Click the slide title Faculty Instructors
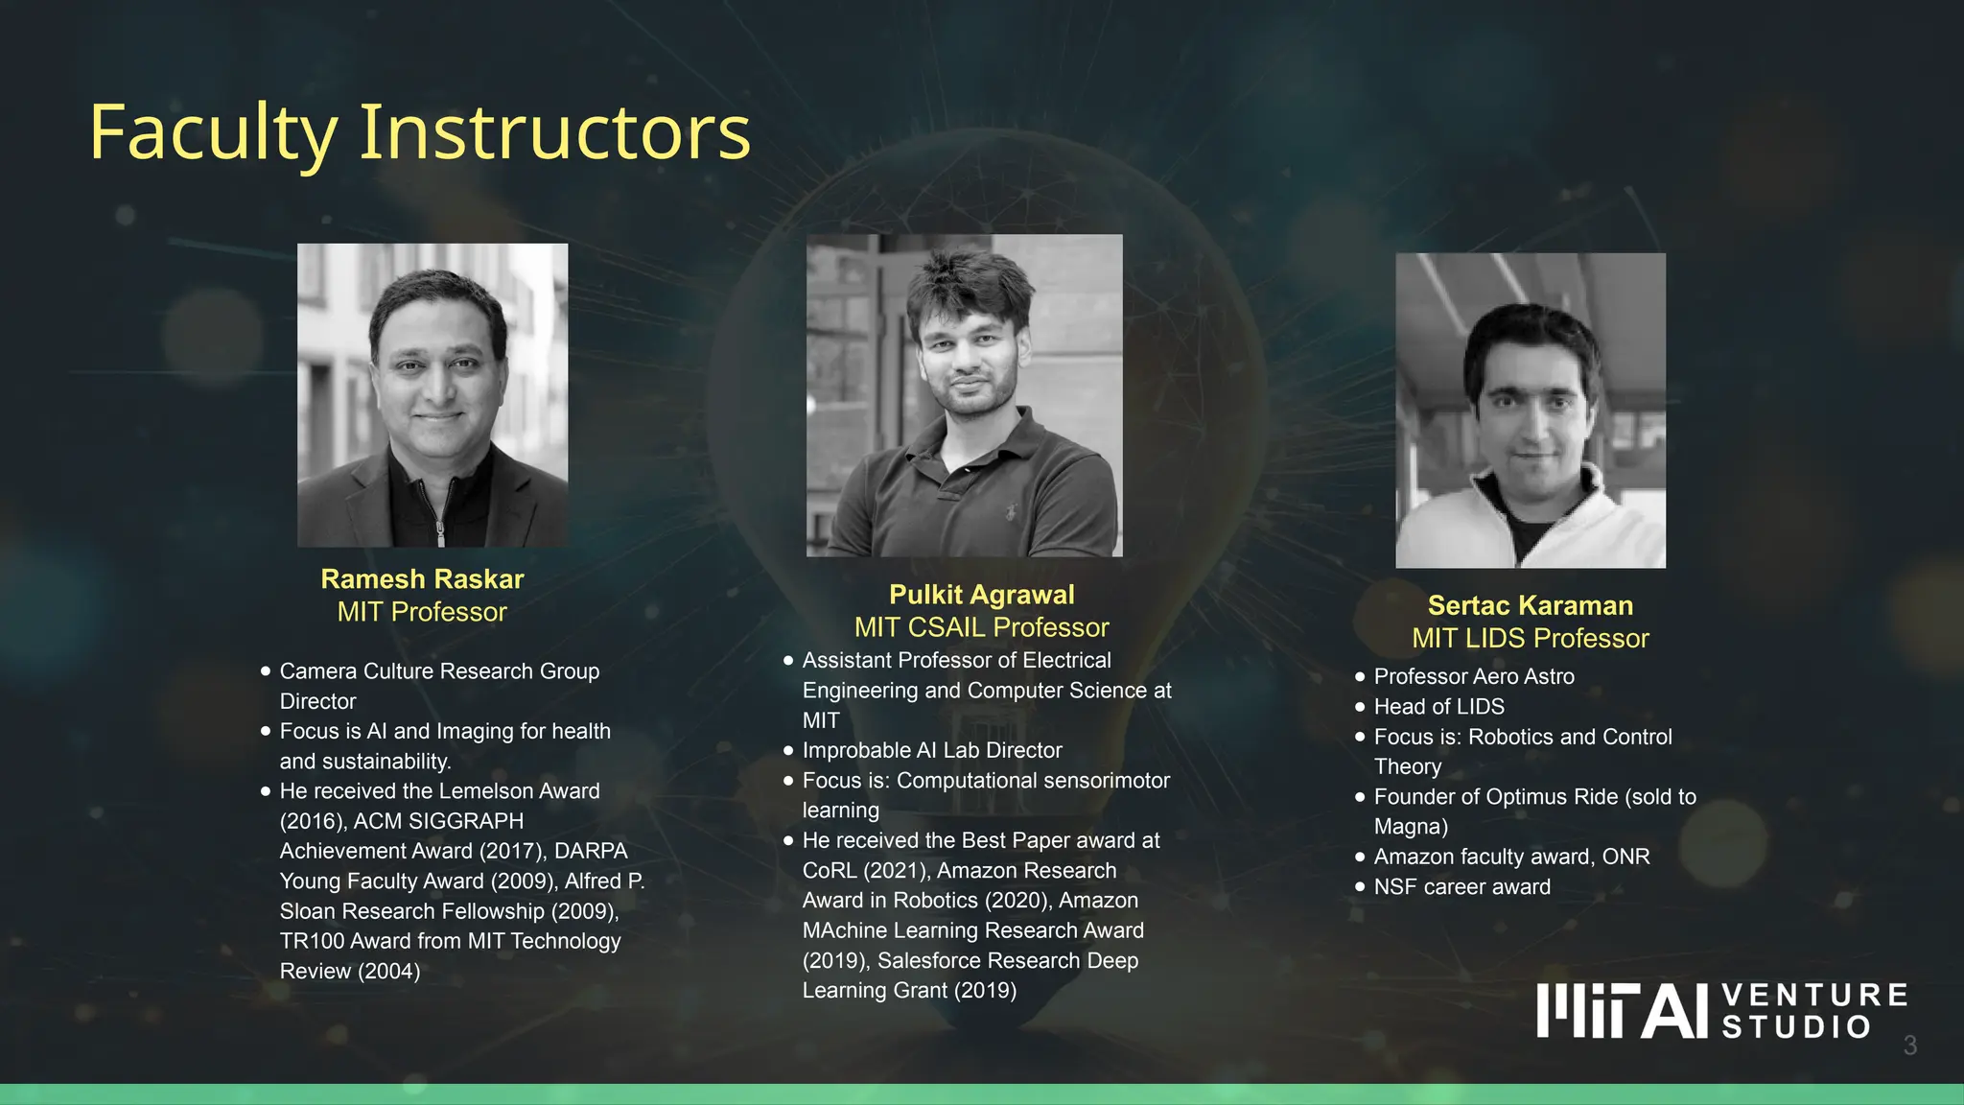(x=419, y=132)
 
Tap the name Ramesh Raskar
(x=422, y=579)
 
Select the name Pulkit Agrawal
(x=981, y=595)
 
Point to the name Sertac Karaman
(x=1530, y=605)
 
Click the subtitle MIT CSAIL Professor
(x=981, y=627)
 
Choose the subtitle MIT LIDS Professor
(x=1530, y=638)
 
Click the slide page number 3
(x=1909, y=1046)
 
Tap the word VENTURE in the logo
(x=1814, y=996)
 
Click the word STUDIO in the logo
(x=1796, y=1027)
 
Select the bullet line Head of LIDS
(x=1438, y=707)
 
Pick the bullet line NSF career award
(x=1461, y=887)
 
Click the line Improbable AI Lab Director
(x=932, y=750)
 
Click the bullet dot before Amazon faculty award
(x=1360, y=857)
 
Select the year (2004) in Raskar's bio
(x=388, y=972)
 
